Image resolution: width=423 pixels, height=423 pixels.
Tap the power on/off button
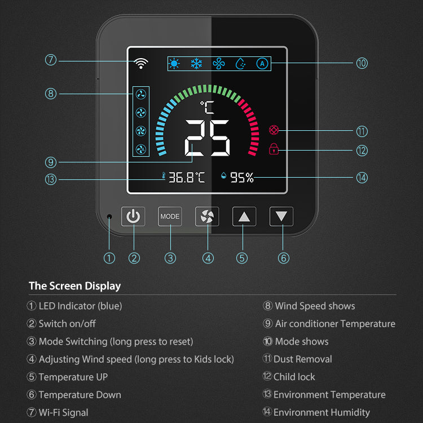click(x=133, y=217)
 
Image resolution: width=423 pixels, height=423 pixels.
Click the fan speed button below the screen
click(x=207, y=217)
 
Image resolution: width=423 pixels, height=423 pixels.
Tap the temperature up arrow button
click(x=244, y=217)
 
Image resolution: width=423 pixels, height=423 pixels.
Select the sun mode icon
click(x=174, y=64)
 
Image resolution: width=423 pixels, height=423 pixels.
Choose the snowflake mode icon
click(x=196, y=64)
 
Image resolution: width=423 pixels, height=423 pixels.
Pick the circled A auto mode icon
click(x=262, y=64)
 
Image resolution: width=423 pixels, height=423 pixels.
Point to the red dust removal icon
click(x=274, y=130)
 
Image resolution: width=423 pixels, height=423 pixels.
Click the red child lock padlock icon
click(x=274, y=149)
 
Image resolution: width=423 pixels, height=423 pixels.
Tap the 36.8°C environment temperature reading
click(x=186, y=178)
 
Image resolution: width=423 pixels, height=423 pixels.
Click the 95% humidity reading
click(x=241, y=178)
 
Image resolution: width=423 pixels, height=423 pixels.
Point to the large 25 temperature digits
click(x=207, y=139)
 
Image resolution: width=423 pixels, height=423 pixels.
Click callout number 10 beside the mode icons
click(x=362, y=63)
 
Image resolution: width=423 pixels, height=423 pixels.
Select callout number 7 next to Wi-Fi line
click(x=51, y=59)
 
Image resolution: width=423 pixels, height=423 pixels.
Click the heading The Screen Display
click(x=75, y=286)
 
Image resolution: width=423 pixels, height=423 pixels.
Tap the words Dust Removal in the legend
click(x=302, y=359)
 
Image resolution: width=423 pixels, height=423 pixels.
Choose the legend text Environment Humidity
click(x=321, y=413)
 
